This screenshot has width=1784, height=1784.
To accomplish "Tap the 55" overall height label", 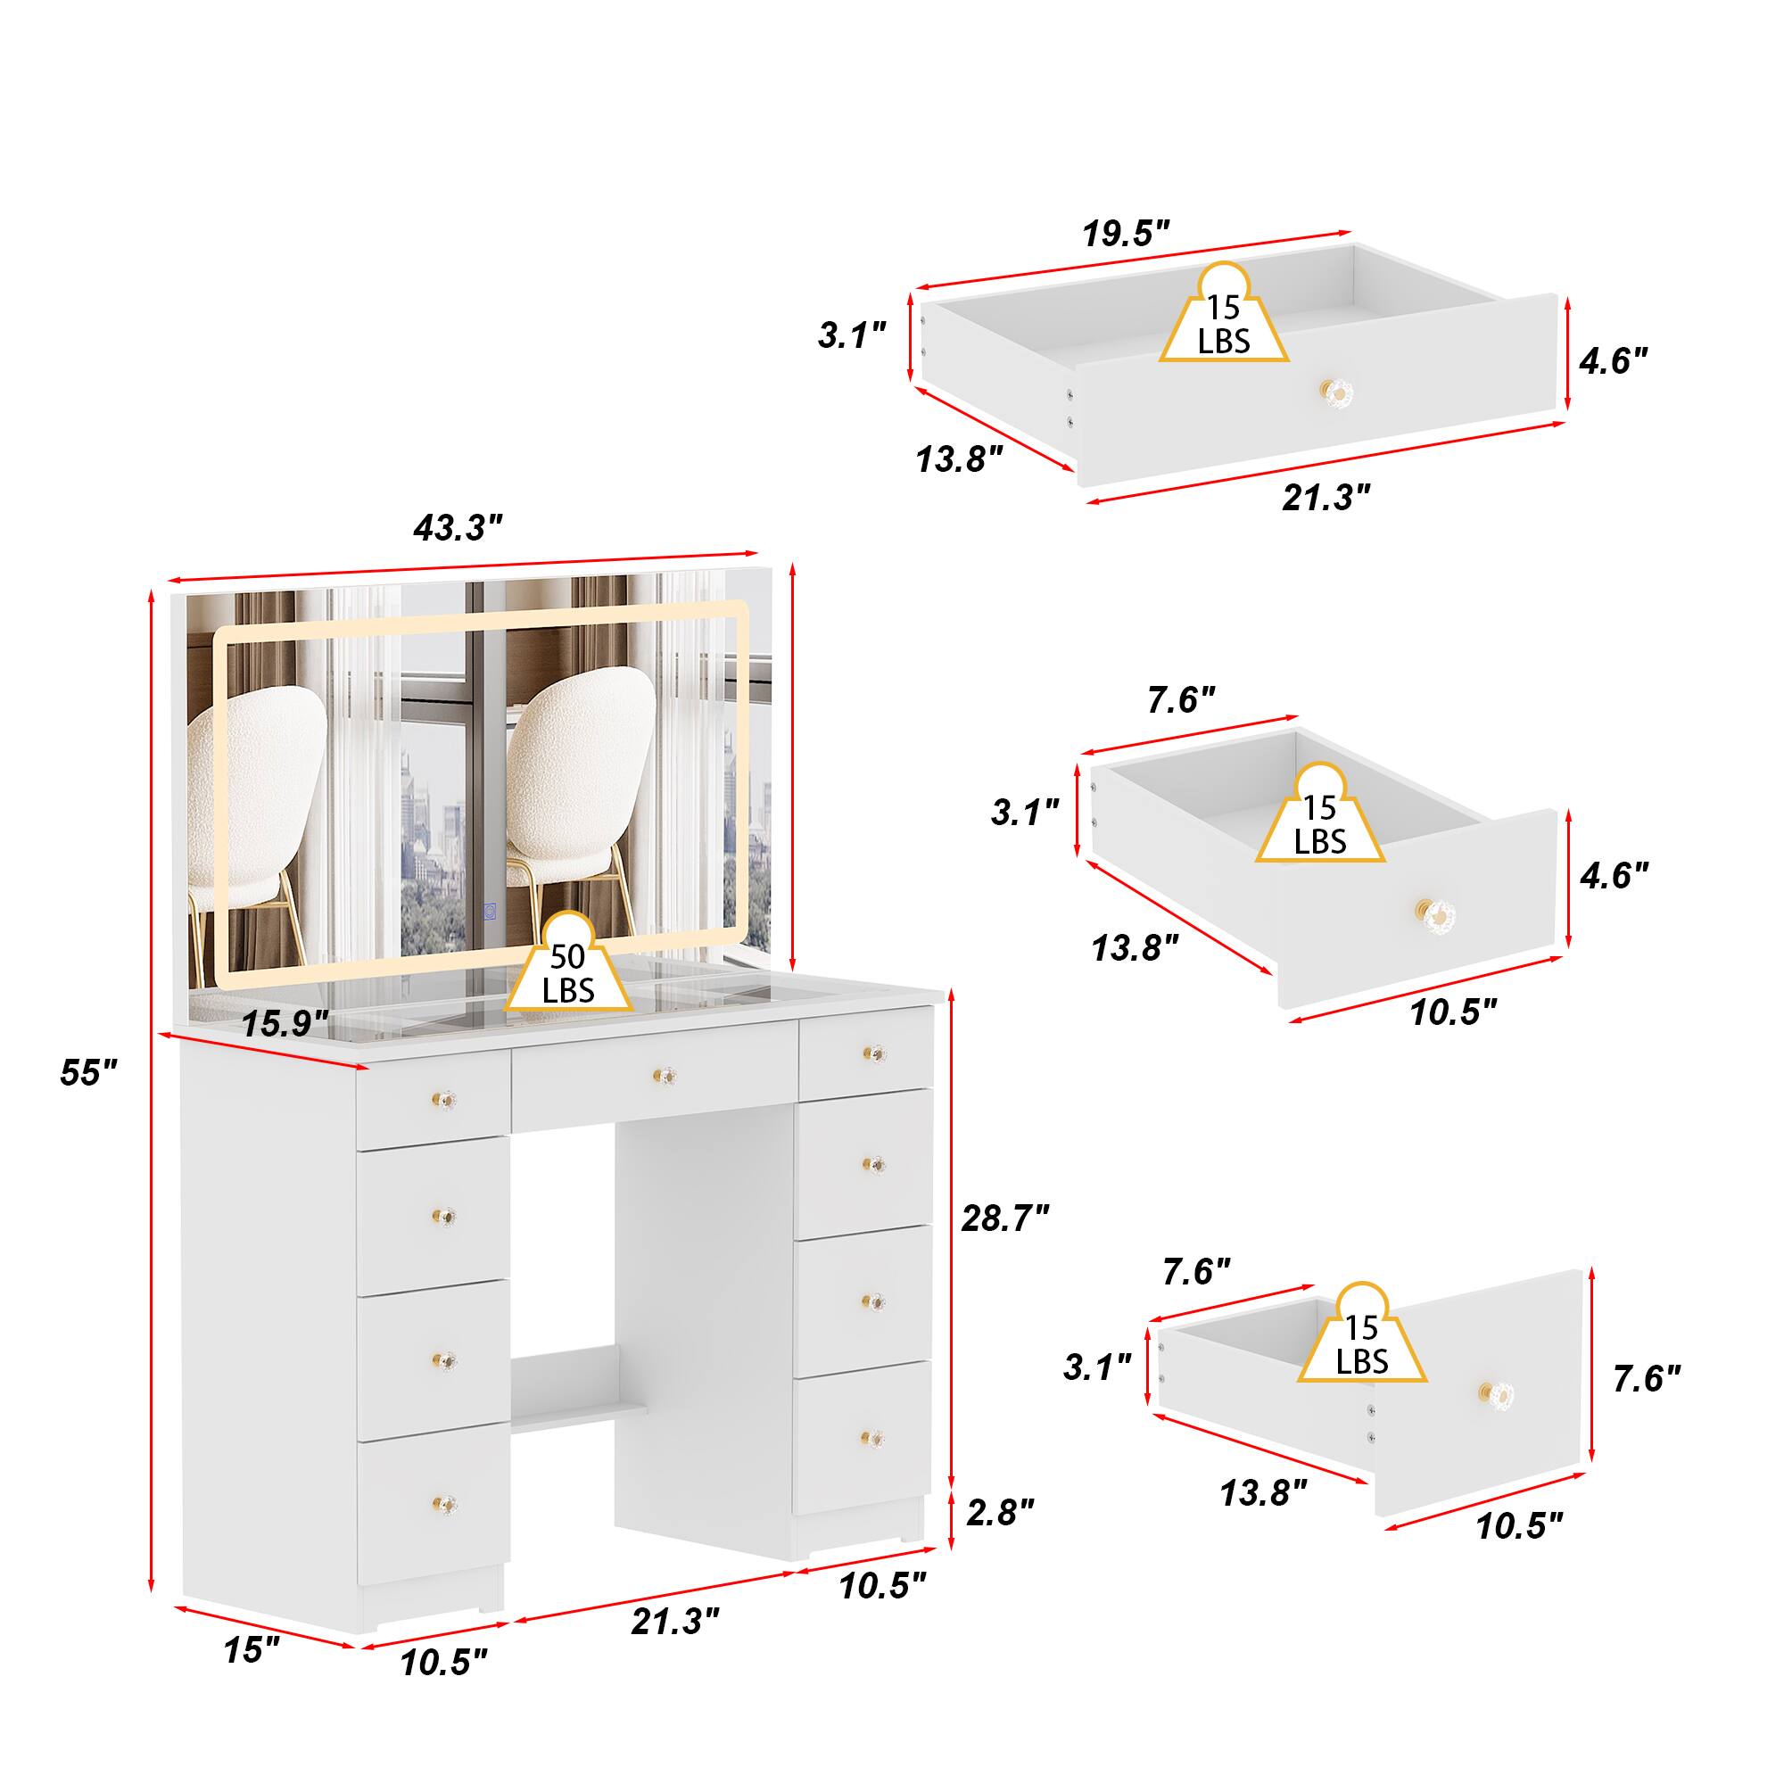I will (x=88, y=1072).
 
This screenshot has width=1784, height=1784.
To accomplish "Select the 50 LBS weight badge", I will (x=568, y=972).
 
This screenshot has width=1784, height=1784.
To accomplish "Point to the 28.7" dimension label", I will (x=1004, y=1218).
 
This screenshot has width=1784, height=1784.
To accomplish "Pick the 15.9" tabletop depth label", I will (x=285, y=1023).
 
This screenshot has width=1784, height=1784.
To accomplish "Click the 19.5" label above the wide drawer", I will (x=1126, y=235).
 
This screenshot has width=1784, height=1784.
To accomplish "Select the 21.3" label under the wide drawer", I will (x=1326, y=498).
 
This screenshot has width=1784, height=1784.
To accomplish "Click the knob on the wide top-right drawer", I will (x=1337, y=391).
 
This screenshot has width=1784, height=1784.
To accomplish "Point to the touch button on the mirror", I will (x=491, y=910).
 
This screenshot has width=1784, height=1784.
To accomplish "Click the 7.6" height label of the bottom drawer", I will (x=1647, y=1379).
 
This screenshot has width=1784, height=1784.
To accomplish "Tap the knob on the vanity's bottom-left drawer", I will (x=445, y=1502).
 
